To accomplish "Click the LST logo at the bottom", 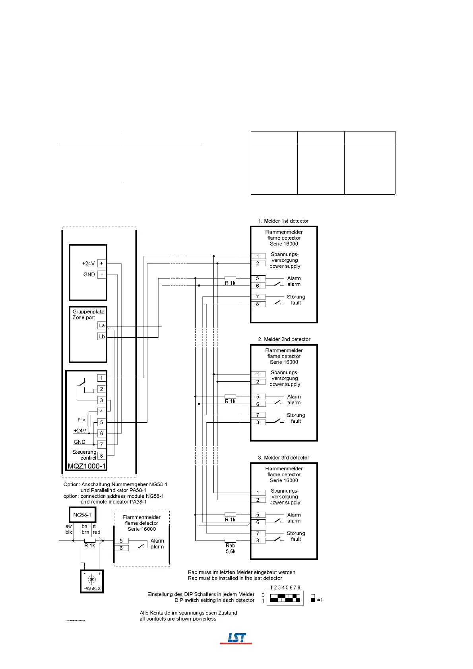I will [x=236, y=638].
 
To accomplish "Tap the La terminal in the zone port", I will [x=102, y=325].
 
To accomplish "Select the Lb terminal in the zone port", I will [x=102, y=336].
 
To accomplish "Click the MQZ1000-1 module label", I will [x=87, y=466].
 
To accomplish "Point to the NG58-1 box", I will [x=82, y=515].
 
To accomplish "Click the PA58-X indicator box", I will [x=92, y=582].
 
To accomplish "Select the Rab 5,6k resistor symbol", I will [x=230, y=540].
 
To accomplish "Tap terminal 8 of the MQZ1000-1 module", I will [x=101, y=456].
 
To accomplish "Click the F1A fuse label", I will [x=81, y=420].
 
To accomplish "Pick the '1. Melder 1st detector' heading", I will [x=283, y=221].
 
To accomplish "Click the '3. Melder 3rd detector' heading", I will [x=283, y=458].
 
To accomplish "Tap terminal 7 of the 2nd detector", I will [x=258, y=415].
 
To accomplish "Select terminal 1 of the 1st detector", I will [x=258, y=256].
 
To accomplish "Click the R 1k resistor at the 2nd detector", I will [x=230, y=396].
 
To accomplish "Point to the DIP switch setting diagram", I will [x=285, y=597].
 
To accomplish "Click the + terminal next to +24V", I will [x=101, y=263].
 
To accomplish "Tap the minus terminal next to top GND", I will [x=101, y=275].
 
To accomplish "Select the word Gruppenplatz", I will [x=88, y=312].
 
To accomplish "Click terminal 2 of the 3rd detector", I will [x=258, y=500].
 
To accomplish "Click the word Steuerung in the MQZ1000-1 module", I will [x=84, y=452].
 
